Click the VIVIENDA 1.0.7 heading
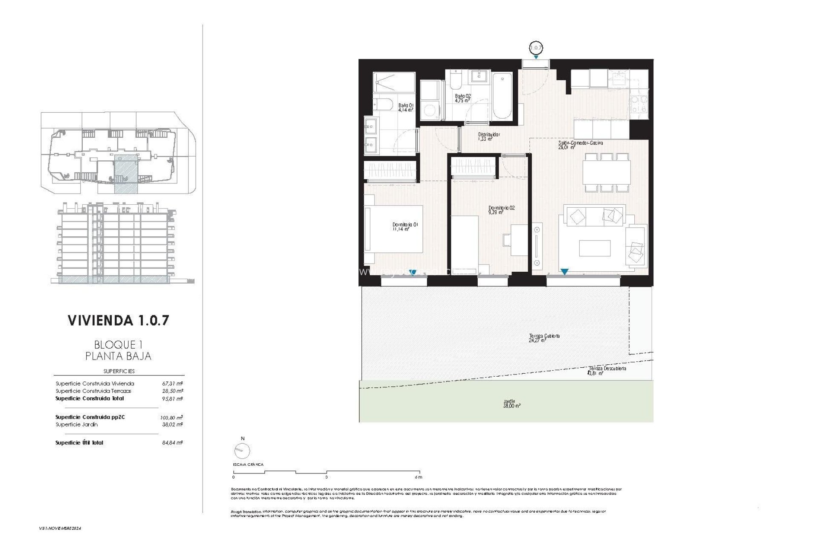tap(118, 320)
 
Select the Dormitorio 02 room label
tap(501, 209)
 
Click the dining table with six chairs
tap(607, 172)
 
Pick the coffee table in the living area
tap(595, 248)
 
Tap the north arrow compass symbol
tap(242, 450)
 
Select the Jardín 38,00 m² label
tap(511, 404)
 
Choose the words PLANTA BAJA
tap(118, 356)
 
